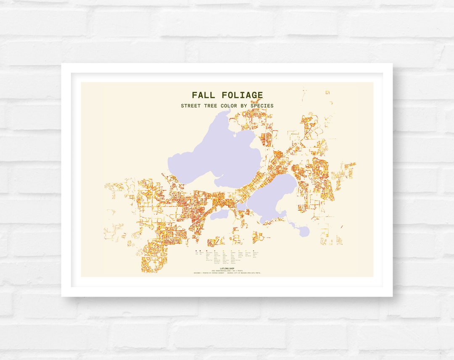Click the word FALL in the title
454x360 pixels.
pos(204,95)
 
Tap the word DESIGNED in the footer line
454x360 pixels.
pos(197,273)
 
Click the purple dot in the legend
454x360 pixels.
pos(196,250)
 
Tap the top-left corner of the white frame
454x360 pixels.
pos(62,64)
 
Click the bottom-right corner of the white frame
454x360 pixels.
pos(392,296)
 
